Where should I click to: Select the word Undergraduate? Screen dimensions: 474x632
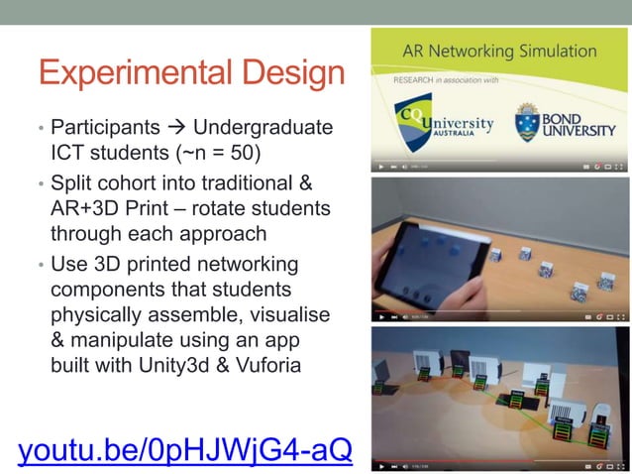[263, 129]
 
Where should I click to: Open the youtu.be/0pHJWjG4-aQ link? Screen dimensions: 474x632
[184, 448]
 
